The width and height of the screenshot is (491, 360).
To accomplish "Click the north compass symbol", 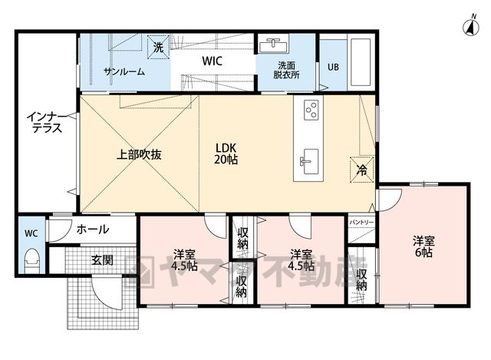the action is (470, 26).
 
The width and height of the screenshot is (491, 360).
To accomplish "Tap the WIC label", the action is (213, 61).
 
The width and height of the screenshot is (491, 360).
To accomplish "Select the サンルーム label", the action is (124, 71).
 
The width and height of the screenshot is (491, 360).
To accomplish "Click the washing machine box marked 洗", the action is (159, 47).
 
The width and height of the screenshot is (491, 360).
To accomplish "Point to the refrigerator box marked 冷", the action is (362, 169).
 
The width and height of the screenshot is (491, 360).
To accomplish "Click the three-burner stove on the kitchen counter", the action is (311, 109).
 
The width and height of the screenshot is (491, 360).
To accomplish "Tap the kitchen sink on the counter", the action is (308, 161).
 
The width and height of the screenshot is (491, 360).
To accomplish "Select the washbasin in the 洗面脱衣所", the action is (273, 45).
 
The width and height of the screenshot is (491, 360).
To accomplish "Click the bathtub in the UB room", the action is (360, 62).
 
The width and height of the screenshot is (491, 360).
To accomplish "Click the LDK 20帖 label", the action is (226, 154).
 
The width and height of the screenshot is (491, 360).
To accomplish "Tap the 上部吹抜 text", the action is (139, 154).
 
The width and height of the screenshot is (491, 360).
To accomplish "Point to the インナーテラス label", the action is (47, 123).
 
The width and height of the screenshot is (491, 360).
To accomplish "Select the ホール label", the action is (93, 230).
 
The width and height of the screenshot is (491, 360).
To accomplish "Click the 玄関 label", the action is (102, 259).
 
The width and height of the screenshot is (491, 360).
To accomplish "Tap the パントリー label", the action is (361, 222).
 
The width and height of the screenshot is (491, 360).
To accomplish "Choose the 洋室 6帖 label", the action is (423, 247).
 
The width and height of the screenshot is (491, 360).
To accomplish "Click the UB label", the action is (333, 67).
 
